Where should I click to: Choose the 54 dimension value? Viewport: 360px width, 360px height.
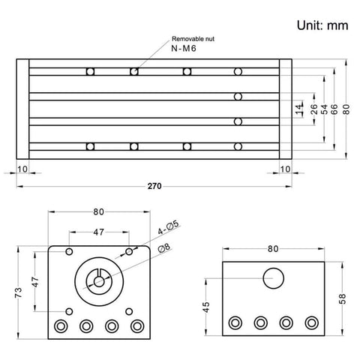[x=325, y=109]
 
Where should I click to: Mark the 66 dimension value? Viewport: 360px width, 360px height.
[x=335, y=109]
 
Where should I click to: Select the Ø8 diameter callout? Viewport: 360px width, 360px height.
[x=163, y=248]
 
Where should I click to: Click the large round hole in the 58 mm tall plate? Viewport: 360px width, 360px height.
[x=274, y=278]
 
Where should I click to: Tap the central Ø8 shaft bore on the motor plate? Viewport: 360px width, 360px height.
[x=99, y=281]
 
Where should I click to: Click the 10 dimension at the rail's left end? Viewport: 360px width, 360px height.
[x=22, y=169]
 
